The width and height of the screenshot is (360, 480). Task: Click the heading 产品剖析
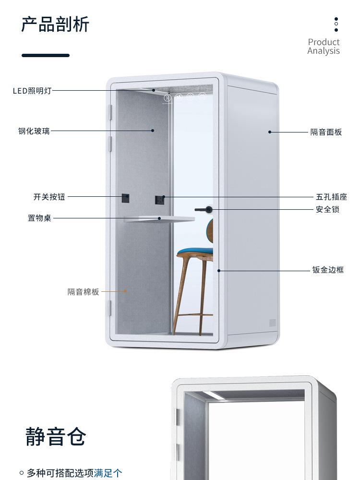55,24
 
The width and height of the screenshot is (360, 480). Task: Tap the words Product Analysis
324,47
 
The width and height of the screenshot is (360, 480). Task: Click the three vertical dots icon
336,24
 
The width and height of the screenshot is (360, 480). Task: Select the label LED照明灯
32,91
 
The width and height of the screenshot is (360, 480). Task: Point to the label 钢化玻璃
34,131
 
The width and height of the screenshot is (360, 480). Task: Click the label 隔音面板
326,132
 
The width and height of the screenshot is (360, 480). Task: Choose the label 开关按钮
49,197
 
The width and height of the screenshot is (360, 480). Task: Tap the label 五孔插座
331,197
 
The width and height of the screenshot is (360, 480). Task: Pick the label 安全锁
327,209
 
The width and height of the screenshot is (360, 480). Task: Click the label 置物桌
39,218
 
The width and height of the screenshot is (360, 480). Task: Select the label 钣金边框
328,270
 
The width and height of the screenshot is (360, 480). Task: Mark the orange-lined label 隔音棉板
83,291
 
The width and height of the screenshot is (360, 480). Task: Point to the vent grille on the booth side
273,323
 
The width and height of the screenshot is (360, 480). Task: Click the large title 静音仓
56,436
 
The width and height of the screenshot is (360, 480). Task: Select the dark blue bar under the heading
46,55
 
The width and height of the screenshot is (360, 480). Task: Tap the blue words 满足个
108,473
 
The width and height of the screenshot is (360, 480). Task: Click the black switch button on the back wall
126,197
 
